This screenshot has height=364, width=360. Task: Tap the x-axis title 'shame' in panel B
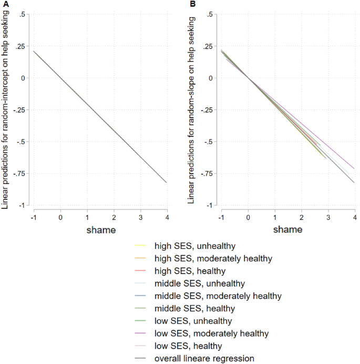288,229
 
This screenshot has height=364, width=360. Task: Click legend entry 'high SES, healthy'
190,271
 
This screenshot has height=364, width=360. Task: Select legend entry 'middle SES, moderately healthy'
218,296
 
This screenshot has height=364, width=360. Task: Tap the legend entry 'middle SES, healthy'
194,308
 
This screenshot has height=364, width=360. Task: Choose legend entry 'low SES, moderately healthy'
211,333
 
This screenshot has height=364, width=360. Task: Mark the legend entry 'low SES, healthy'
188,346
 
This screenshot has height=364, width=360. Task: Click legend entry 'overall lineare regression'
204,359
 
